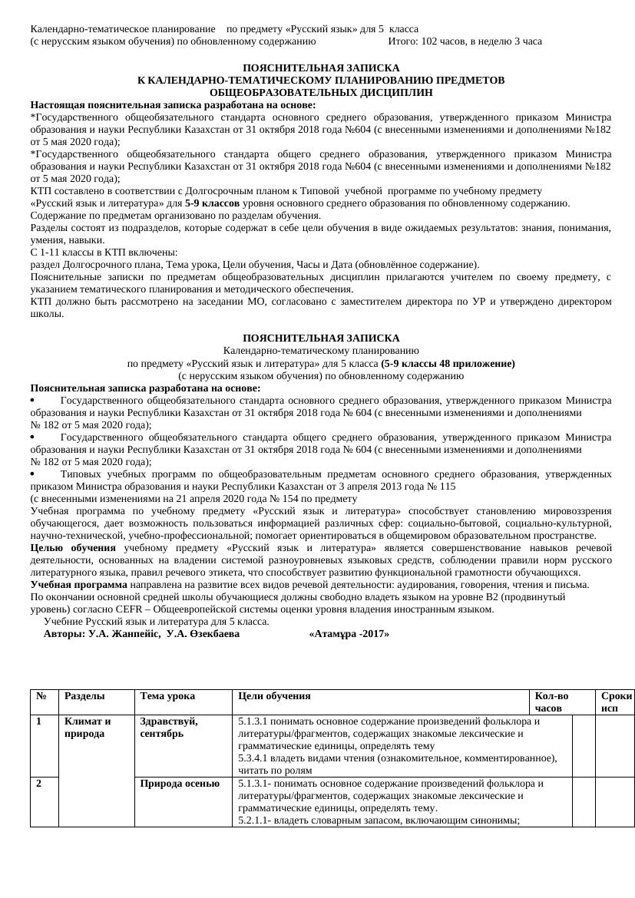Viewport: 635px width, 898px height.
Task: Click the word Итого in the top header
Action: (404, 41)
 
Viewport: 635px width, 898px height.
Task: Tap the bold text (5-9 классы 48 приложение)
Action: (448, 363)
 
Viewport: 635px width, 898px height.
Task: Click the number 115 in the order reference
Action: (448, 486)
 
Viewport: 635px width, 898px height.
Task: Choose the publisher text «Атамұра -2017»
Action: (349, 634)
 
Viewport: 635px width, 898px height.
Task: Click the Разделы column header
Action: (85, 696)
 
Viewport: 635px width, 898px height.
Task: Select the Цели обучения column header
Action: (274, 696)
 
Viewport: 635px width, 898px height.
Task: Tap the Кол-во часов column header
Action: (552, 702)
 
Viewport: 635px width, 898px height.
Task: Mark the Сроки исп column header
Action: (617, 702)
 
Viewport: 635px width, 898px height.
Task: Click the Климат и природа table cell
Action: (88, 728)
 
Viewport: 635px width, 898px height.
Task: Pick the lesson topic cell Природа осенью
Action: (180, 784)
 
